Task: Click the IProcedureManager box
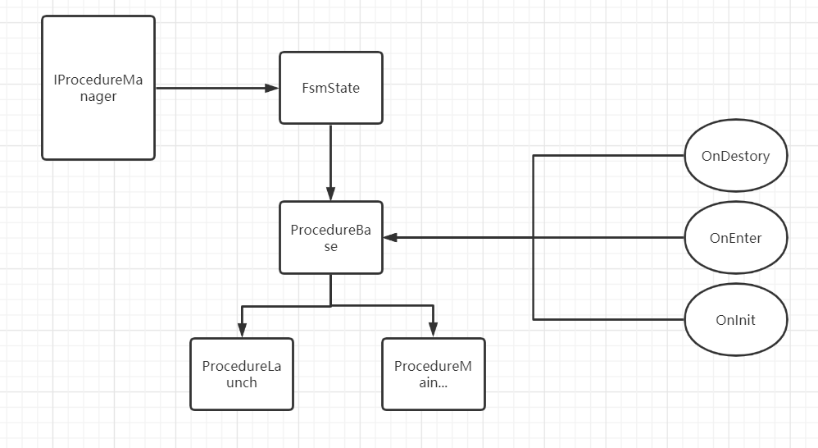pyautogui.click(x=98, y=88)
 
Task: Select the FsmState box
pyautogui.click(x=330, y=88)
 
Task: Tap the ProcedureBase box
pyautogui.click(x=330, y=238)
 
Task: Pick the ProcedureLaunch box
pyautogui.click(x=241, y=373)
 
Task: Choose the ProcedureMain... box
pyautogui.click(x=433, y=373)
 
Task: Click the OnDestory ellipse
pyautogui.click(x=735, y=155)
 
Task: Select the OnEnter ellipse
pyautogui.click(x=735, y=238)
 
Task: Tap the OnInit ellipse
pyautogui.click(x=735, y=319)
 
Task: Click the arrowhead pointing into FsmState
pyautogui.click(x=272, y=88)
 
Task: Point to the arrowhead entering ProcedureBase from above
pyautogui.click(x=330, y=194)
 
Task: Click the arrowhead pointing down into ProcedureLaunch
pyautogui.click(x=241, y=331)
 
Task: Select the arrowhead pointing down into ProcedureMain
pyautogui.click(x=433, y=331)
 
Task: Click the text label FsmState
pyautogui.click(x=330, y=88)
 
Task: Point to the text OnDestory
pyautogui.click(x=735, y=156)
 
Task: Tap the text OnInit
pyautogui.click(x=735, y=320)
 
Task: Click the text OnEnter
pyautogui.click(x=735, y=239)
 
